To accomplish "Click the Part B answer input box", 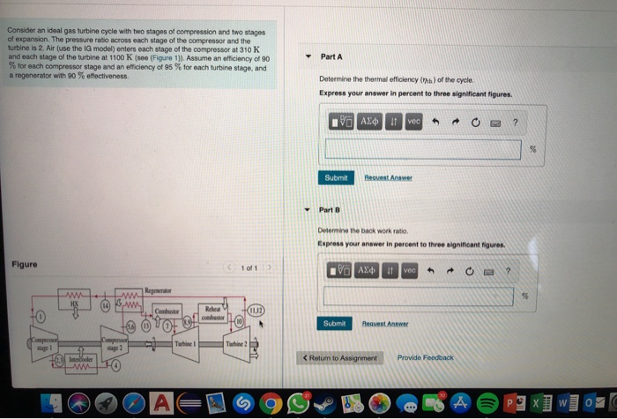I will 422,296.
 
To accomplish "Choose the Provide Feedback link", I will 425,358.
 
